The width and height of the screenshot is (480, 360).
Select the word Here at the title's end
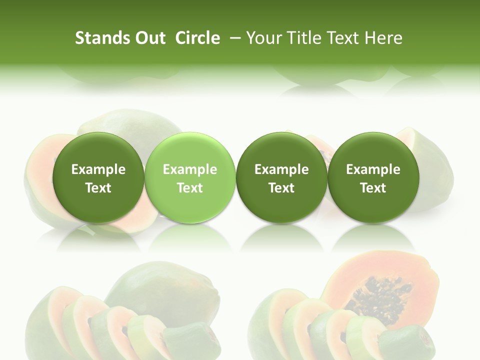click(x=384, y=38)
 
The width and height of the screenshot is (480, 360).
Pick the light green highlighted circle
click(x=190, y=178)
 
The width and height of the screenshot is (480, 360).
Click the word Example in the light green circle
click(x=190, y=169)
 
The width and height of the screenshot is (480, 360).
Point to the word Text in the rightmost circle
click(x=373, y=188)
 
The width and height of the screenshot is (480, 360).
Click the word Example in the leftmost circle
click(x=98, y=169)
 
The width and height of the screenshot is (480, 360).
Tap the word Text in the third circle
click(x=281, y=188)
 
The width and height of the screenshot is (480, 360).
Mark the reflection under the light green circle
click(x=190, y=237)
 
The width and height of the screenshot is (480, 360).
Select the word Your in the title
click(x=264, y=38)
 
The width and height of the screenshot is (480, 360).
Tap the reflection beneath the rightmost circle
click(x=373, y=237)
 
